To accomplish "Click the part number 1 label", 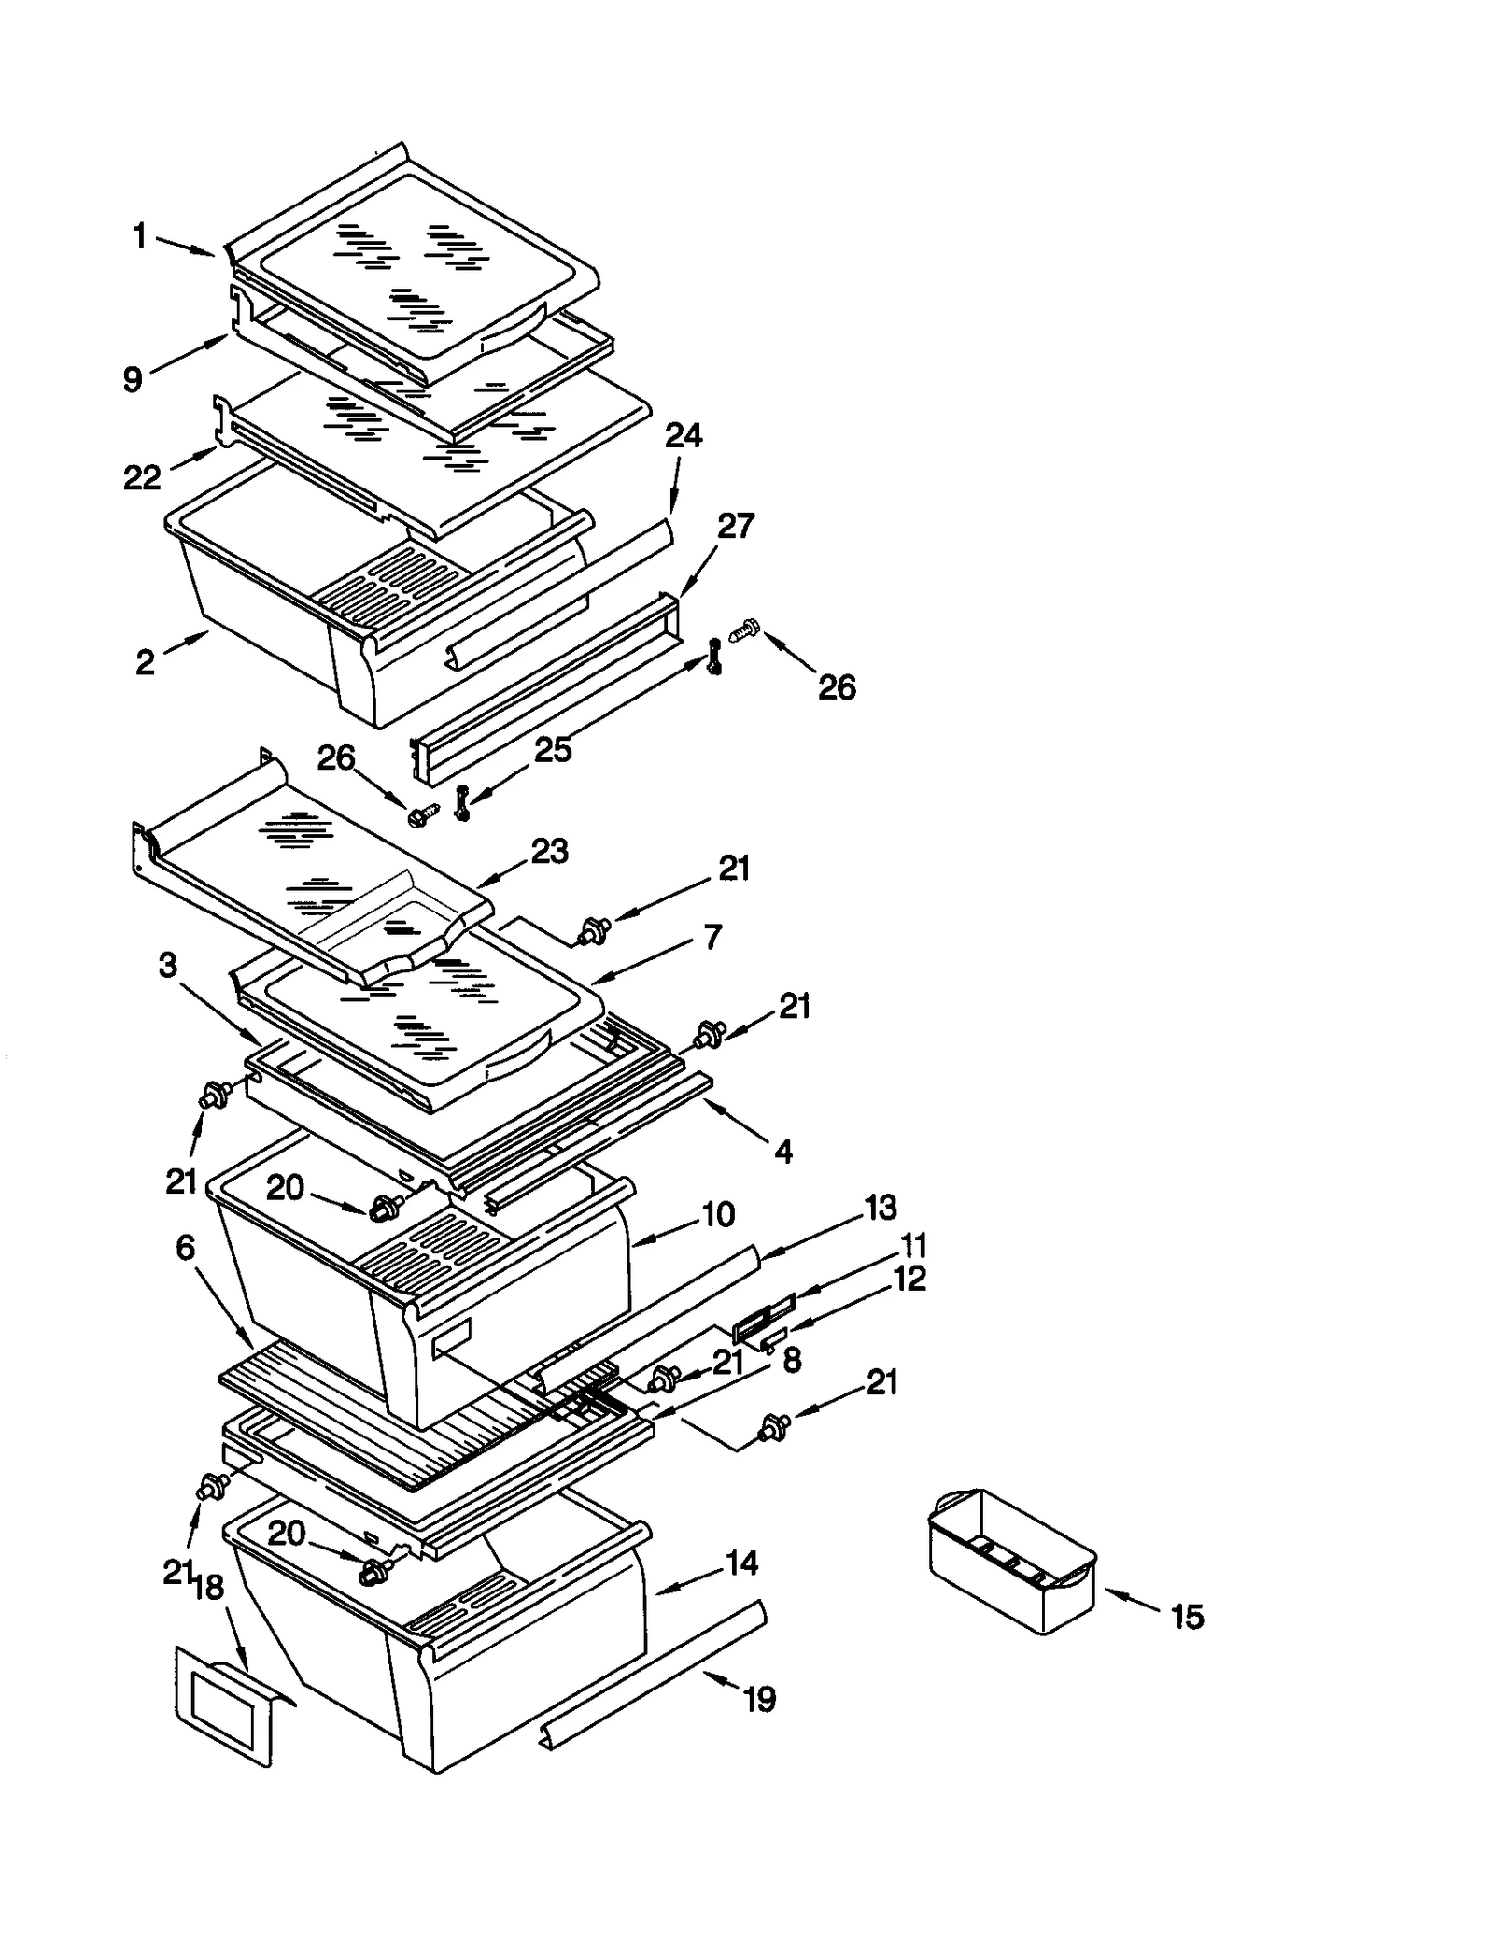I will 139,236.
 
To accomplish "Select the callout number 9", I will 133,379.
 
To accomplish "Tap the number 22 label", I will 142,477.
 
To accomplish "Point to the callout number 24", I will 684,436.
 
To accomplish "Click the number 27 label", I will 735,526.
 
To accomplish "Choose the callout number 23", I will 549,851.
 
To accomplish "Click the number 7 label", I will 712,936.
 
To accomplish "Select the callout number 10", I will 718,1214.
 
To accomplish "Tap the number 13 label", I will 880,1208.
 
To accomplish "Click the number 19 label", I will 759,1699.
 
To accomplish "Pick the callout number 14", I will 742,1563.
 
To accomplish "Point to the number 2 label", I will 145,662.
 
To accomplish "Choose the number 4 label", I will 783,1152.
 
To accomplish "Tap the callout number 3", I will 167,965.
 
